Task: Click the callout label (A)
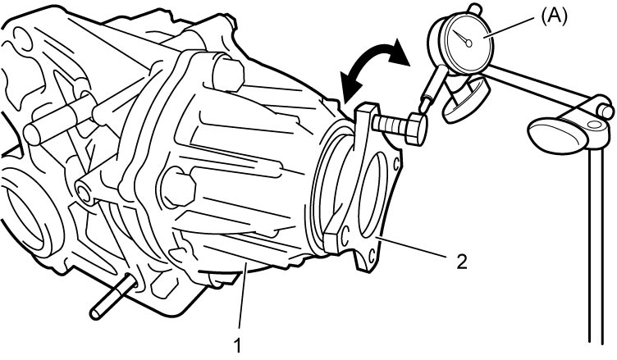click(555, 17)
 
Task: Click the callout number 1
click(237, 346)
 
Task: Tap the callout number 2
click(462, 262)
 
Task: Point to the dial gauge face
click(468, 43)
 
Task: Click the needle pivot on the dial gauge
click(468, 43)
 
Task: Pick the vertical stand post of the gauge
click(596, 244)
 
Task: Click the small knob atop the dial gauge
click(476, 8)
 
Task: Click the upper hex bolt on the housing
click(228, 75)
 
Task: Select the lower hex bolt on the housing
click(178, 187)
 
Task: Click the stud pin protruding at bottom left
click(113, 297)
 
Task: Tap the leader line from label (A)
click(511, 27)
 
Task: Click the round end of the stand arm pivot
click(606, 111)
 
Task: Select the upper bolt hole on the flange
click(395, 162)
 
